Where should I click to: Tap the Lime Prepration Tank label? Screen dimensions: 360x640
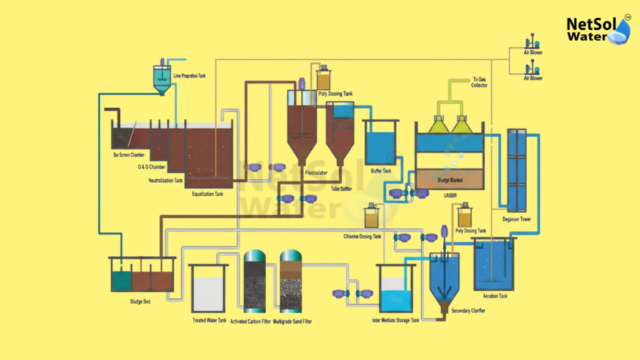coord(189,76)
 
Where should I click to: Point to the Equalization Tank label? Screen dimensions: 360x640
coord(207,194)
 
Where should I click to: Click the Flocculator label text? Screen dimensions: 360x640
coord(316,172)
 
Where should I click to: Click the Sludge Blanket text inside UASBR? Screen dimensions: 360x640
coord(450,179)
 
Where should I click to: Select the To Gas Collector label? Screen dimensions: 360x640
coord(479,82)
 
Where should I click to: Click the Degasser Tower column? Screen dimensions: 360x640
coord(517,169)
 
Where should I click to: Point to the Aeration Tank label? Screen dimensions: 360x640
coord(495,296)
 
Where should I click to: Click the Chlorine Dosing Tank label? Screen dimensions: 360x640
coord(362,236)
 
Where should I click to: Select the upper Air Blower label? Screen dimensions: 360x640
coord(533,54)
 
